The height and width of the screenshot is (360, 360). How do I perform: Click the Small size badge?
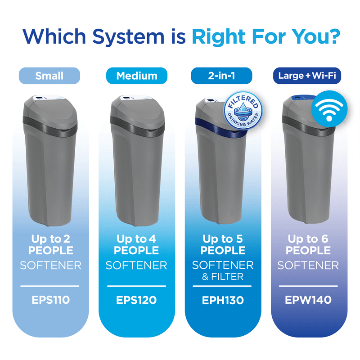tap(49, 76)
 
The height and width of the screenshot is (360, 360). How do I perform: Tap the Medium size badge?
tap(137, 76)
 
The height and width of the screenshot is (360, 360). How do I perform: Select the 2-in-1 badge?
tap(221, 76)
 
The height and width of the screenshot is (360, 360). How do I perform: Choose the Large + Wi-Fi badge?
tap(307, 76)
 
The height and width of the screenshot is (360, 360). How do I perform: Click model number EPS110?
tap(51, 300)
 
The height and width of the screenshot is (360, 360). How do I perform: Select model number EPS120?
tap(136, 300)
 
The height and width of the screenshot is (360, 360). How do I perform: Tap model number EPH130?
tap(223, 300)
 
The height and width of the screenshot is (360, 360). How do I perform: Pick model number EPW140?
tap(308, 300)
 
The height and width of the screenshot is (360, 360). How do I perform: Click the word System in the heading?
tap(129, 37)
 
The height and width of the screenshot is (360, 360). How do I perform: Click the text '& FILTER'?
tap(223, 277)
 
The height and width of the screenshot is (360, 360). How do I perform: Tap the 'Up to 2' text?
tap(51, 239)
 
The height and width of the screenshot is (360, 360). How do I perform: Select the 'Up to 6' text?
tap(308, 239)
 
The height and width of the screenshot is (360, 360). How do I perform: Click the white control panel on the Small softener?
tap(49, 98)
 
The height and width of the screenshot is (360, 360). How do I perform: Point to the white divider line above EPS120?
tap(137, 286)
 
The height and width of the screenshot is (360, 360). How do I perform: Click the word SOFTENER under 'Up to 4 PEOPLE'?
tap(136, 265)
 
